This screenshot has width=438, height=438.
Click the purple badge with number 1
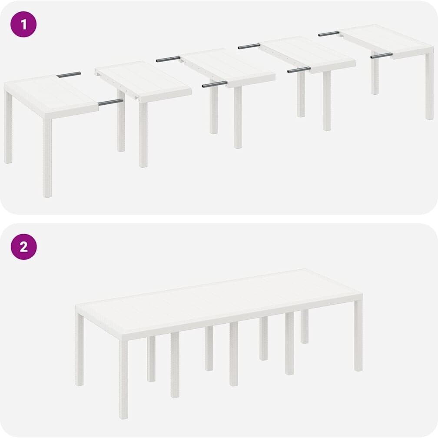point(23,24)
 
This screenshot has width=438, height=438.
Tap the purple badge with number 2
point(23,247)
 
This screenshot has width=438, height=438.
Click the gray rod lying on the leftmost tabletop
point(69,75)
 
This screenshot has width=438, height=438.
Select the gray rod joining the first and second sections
point(110,102)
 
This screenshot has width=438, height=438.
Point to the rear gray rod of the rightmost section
point(329,33)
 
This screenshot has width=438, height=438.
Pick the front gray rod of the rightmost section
point(382,55)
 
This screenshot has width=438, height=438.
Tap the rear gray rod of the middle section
point(168,59)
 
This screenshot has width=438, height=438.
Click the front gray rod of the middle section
point(215,84)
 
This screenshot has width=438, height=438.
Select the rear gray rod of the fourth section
point(249,46)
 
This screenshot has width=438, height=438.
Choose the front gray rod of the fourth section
point(299,70)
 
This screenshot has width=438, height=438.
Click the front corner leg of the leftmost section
point(47,158)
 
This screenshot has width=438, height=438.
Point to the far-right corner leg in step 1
point(429,86)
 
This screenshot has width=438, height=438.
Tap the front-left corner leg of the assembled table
point(124,379)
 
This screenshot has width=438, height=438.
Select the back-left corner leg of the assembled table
point(80,349)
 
